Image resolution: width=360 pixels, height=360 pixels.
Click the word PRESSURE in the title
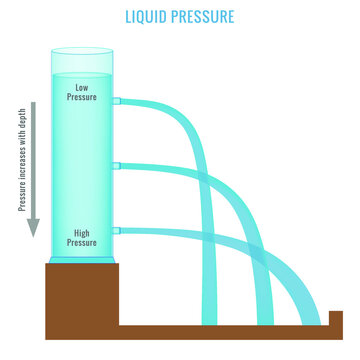pyautogui.click(x=205, y=17)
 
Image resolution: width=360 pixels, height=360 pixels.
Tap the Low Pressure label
pyautogui.click(x=82, y=93)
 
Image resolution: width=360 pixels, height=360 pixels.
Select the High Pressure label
pyautogui.click(x=82, y=237)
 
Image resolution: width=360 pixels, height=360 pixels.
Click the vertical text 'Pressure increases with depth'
pyautogui.click(x=21, y=160)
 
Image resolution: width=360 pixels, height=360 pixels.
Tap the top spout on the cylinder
pyautogui.click(x=117, y=101)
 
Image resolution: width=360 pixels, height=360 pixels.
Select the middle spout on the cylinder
pyautogui.click(x=117, y=165)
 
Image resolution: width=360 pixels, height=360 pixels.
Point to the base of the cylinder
pyautogui.click(x=82, y=260)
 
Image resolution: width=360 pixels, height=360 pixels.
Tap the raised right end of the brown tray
pyautogui.click(x=336, y=318)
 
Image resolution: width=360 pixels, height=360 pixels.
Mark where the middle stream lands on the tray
pyautogui.click(x=265, y=325)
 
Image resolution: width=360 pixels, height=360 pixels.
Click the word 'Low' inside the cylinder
pyautogui.click(x=82, y=87)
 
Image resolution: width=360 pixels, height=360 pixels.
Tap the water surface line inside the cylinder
pyautogui.click(x=82, y=73)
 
